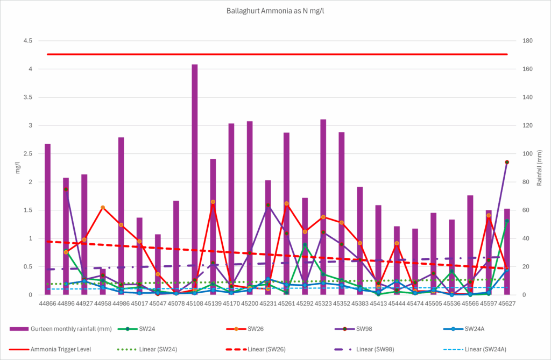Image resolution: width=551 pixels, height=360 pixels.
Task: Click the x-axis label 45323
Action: [x=323, y=304]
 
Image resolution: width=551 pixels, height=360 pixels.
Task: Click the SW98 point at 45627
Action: [x=507, y=162]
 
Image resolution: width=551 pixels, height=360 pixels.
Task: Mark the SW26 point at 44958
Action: [x=103, y=207]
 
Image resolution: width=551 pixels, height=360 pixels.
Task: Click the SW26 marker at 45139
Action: [x=213, y=202]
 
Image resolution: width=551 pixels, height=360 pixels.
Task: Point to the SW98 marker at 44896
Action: [x=66, y=189]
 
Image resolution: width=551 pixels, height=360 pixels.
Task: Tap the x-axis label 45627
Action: [x=506, y=304]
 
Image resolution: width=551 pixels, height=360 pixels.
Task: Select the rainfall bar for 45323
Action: [x=323, y=215]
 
